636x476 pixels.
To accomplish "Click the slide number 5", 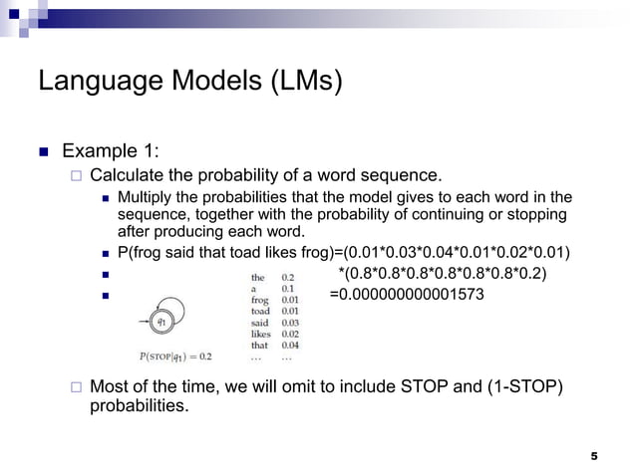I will pos(594,456).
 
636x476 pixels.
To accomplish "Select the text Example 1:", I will pos(111,151).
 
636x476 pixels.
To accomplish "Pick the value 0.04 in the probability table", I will pos(289,345).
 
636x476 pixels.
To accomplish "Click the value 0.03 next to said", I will pos(289,323).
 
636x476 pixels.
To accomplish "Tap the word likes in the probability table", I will pos(259,334).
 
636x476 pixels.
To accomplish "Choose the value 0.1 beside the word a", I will pos(287,289).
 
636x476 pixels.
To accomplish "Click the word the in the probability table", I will pos(257,278).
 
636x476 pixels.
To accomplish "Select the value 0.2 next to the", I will pos(287,278).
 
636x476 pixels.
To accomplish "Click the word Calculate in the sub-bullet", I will pos(127,175).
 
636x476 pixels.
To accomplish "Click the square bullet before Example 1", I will pos(43,152).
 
